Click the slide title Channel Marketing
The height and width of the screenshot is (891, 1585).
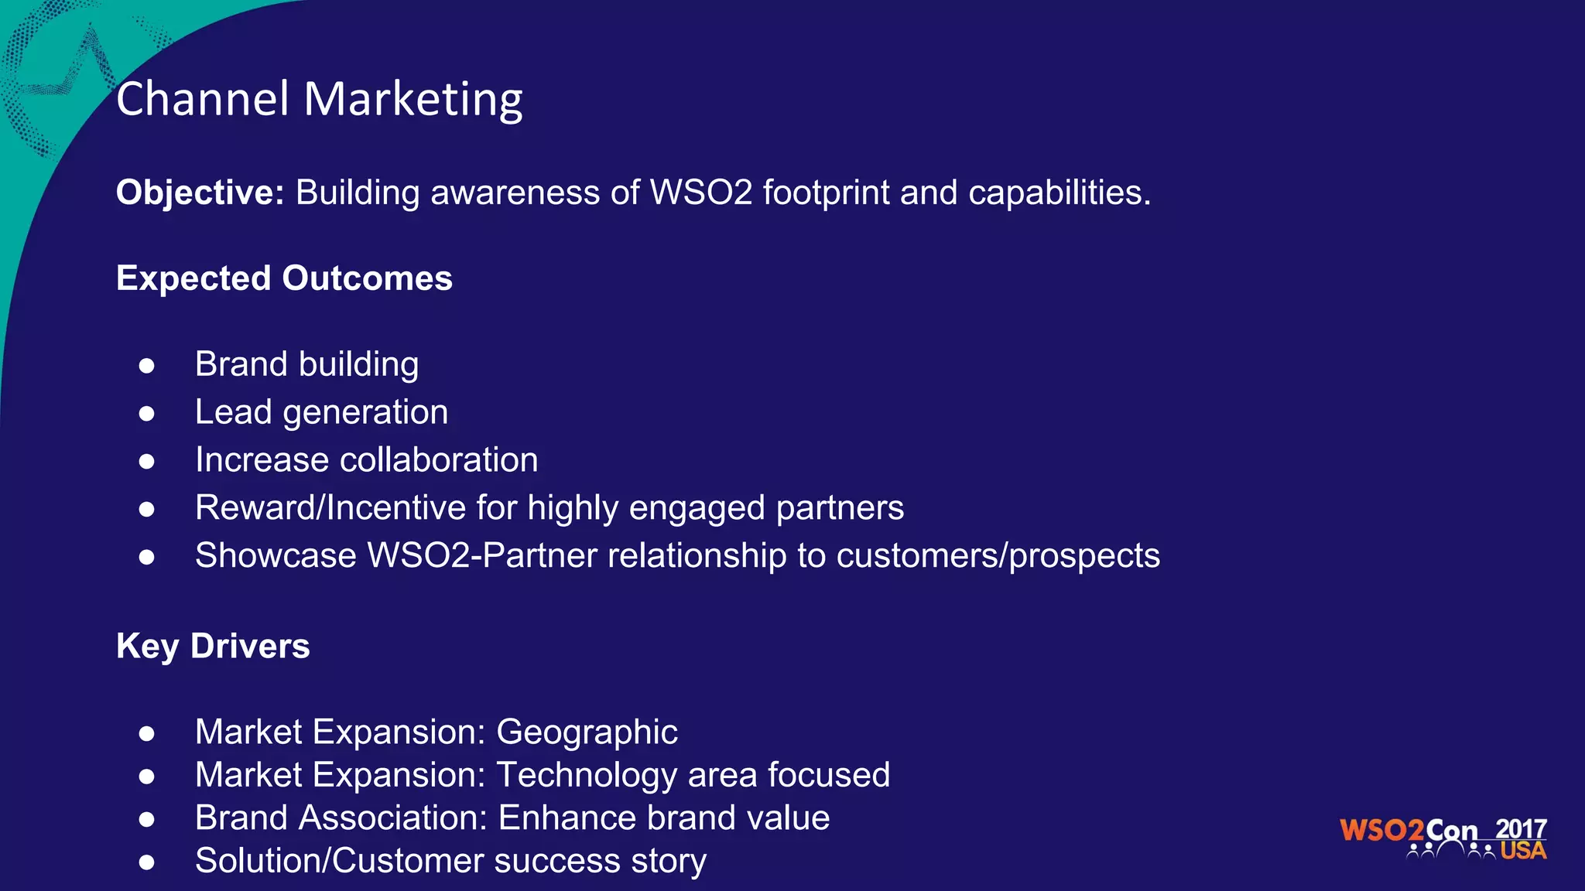coord(319,99)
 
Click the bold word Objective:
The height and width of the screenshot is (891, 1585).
coord(200,193)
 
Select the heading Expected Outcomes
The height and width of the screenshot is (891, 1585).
coord(284,278)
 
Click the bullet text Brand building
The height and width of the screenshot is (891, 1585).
coord(306,364)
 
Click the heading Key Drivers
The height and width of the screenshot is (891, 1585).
coord(213,647)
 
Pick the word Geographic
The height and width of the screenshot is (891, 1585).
coord(587,732)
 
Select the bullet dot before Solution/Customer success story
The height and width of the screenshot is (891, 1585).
coord(146,862)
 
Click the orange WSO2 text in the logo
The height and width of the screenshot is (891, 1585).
coord(1381,831)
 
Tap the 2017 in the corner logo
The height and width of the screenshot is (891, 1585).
coord(1520,829)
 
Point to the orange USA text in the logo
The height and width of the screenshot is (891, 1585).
coord(1522,851)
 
